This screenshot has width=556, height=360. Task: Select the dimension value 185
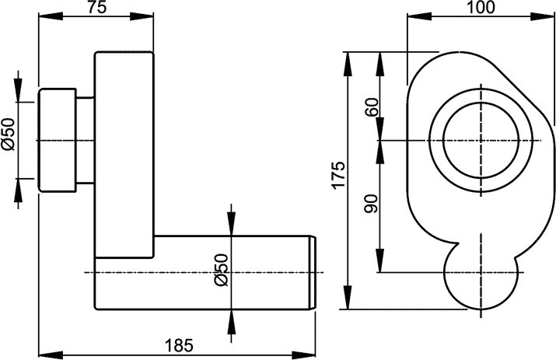coord(179,343)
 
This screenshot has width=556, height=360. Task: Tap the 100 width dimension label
coord(481,7)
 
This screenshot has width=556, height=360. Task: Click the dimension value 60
coord(371,107)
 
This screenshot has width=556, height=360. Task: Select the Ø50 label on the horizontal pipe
coord(220,270)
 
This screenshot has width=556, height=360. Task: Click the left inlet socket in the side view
coord(58,140)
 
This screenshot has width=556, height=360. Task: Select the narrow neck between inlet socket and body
coord(85,140)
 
